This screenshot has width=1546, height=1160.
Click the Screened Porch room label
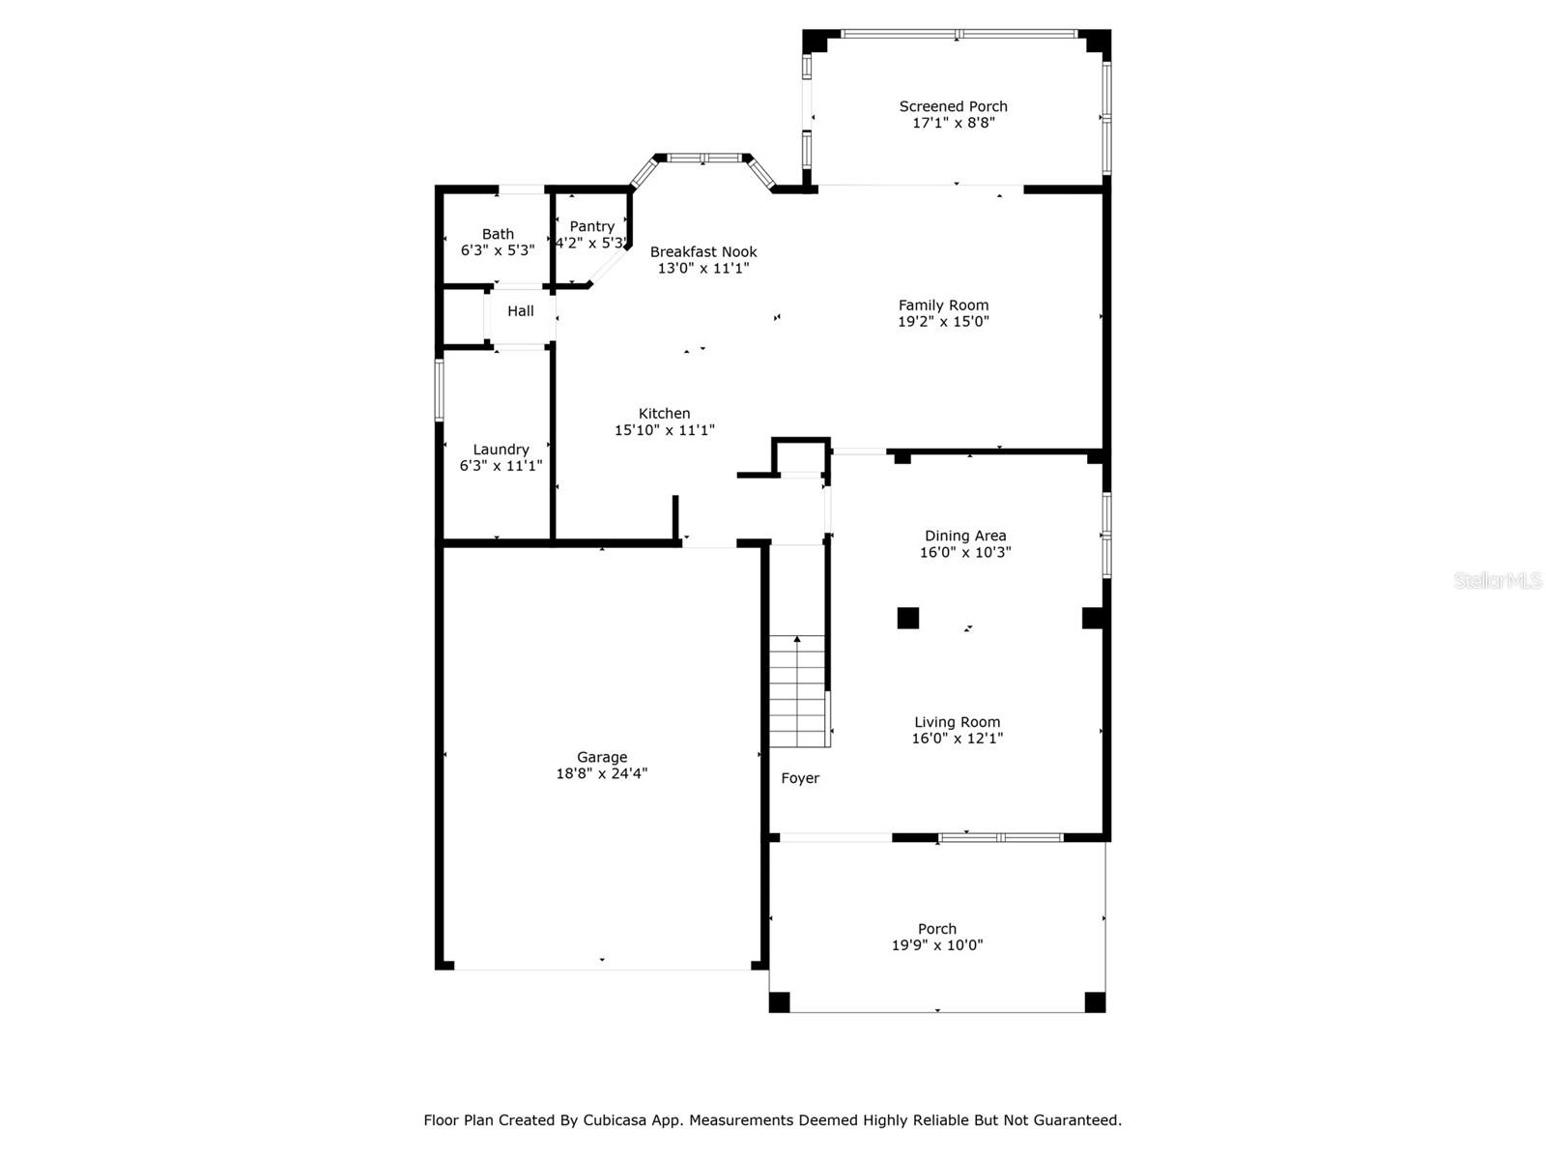click(x=953, y=106)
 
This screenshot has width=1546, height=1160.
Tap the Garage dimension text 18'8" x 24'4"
click(x=602, y=773)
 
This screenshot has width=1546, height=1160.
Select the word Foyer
click(x=800, y=778)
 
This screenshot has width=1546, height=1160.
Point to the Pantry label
click(x=591, y=227)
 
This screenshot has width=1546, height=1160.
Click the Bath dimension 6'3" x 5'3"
click(x=498, y=250)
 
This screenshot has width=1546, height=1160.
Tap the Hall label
click(x=521, y=310)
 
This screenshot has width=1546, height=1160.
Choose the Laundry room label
click(x=501, y=449)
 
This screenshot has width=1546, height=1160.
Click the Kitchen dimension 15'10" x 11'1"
click(x=664, y=429)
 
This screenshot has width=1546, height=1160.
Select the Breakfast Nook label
click(x=702, y=251)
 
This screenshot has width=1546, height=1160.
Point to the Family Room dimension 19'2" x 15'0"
click(x=943, y=321)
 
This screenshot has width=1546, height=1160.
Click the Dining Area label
click(x=965, y=536)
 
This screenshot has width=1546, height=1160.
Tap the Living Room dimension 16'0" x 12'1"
click(x=958, y=739)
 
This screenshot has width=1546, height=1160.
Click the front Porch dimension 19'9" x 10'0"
click(x=936, y=945)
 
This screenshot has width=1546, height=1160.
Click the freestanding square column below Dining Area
click(x=908, y=618)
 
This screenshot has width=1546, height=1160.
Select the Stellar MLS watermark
click(x=1498, y=580)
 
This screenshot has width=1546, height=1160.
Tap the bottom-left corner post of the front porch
click(x=779, y=1002)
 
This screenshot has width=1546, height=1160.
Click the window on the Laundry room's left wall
click(x=439, y=391)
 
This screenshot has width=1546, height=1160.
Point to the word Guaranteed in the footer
click(x=1082, y=1119)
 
